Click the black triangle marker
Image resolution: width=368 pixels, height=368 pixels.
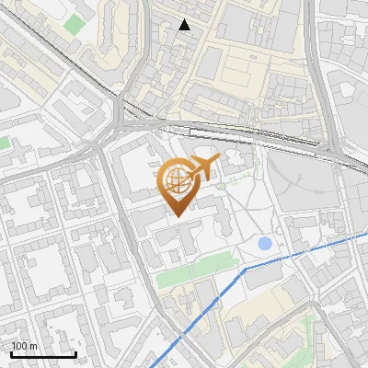(x=185, y=25)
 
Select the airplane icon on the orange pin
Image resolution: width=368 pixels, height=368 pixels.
(x=199, y=169)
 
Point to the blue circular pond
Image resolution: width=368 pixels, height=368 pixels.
(x=266, y=244)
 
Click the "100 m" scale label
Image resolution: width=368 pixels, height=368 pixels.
(x=24, y=346)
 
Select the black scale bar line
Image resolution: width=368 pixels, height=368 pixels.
(x=43, y=354)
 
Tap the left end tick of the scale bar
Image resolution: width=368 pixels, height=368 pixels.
(x=12, y=352)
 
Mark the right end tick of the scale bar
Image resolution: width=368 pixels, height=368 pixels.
(x=75, y=352)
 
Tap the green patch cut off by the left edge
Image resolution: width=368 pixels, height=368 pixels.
(x=4, y=144)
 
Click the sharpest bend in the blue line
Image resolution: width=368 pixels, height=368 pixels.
(x=244, y=270)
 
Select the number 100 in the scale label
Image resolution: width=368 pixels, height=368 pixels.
(x=19, y=346)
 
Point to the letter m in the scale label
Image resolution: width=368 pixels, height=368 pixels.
(x=33, y=347)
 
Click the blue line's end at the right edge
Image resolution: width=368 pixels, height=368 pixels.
(x=366, y=229)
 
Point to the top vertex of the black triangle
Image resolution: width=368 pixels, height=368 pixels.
(x=185, y=19)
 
